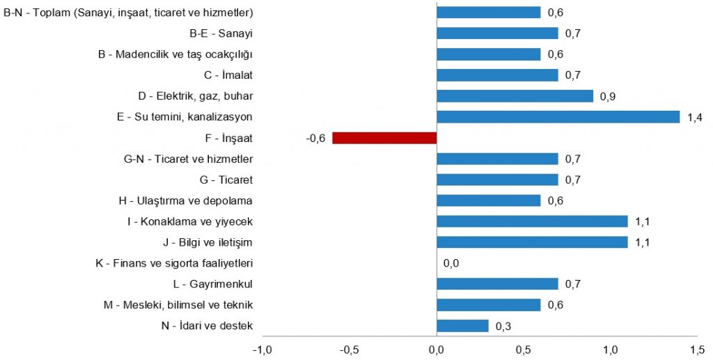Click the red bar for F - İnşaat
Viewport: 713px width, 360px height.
[x=384, y=138]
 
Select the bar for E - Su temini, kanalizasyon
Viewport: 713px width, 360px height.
[x=558, y=117]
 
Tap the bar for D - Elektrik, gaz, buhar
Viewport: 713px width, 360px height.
[x=515, y=96]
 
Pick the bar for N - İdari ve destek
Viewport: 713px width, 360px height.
[x=462, y=326]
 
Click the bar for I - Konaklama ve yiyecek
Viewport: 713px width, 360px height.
[x=532, y=221]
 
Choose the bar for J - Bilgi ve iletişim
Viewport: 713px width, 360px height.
[x=532, y=242]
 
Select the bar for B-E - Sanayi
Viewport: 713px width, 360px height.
[x=497, y=33]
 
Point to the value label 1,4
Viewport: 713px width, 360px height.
[x=694, y=117]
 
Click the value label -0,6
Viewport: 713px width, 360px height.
[x=315, y=138]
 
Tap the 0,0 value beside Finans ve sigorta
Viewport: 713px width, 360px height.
[x=451, y=263]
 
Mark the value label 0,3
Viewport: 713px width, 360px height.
[x=503, y=326]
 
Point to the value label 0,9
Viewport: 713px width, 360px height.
[x=608, y=96]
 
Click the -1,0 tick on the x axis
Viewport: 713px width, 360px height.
[x=262, y=348]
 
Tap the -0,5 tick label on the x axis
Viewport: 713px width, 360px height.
[x=349, y=348]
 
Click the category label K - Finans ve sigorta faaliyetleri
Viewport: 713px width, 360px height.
[x=174, y=263]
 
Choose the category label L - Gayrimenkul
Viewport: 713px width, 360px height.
[x=212, y=284]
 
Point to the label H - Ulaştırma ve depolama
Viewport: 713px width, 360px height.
[x=185, y=201]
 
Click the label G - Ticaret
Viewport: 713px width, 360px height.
[x=226, y=180]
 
